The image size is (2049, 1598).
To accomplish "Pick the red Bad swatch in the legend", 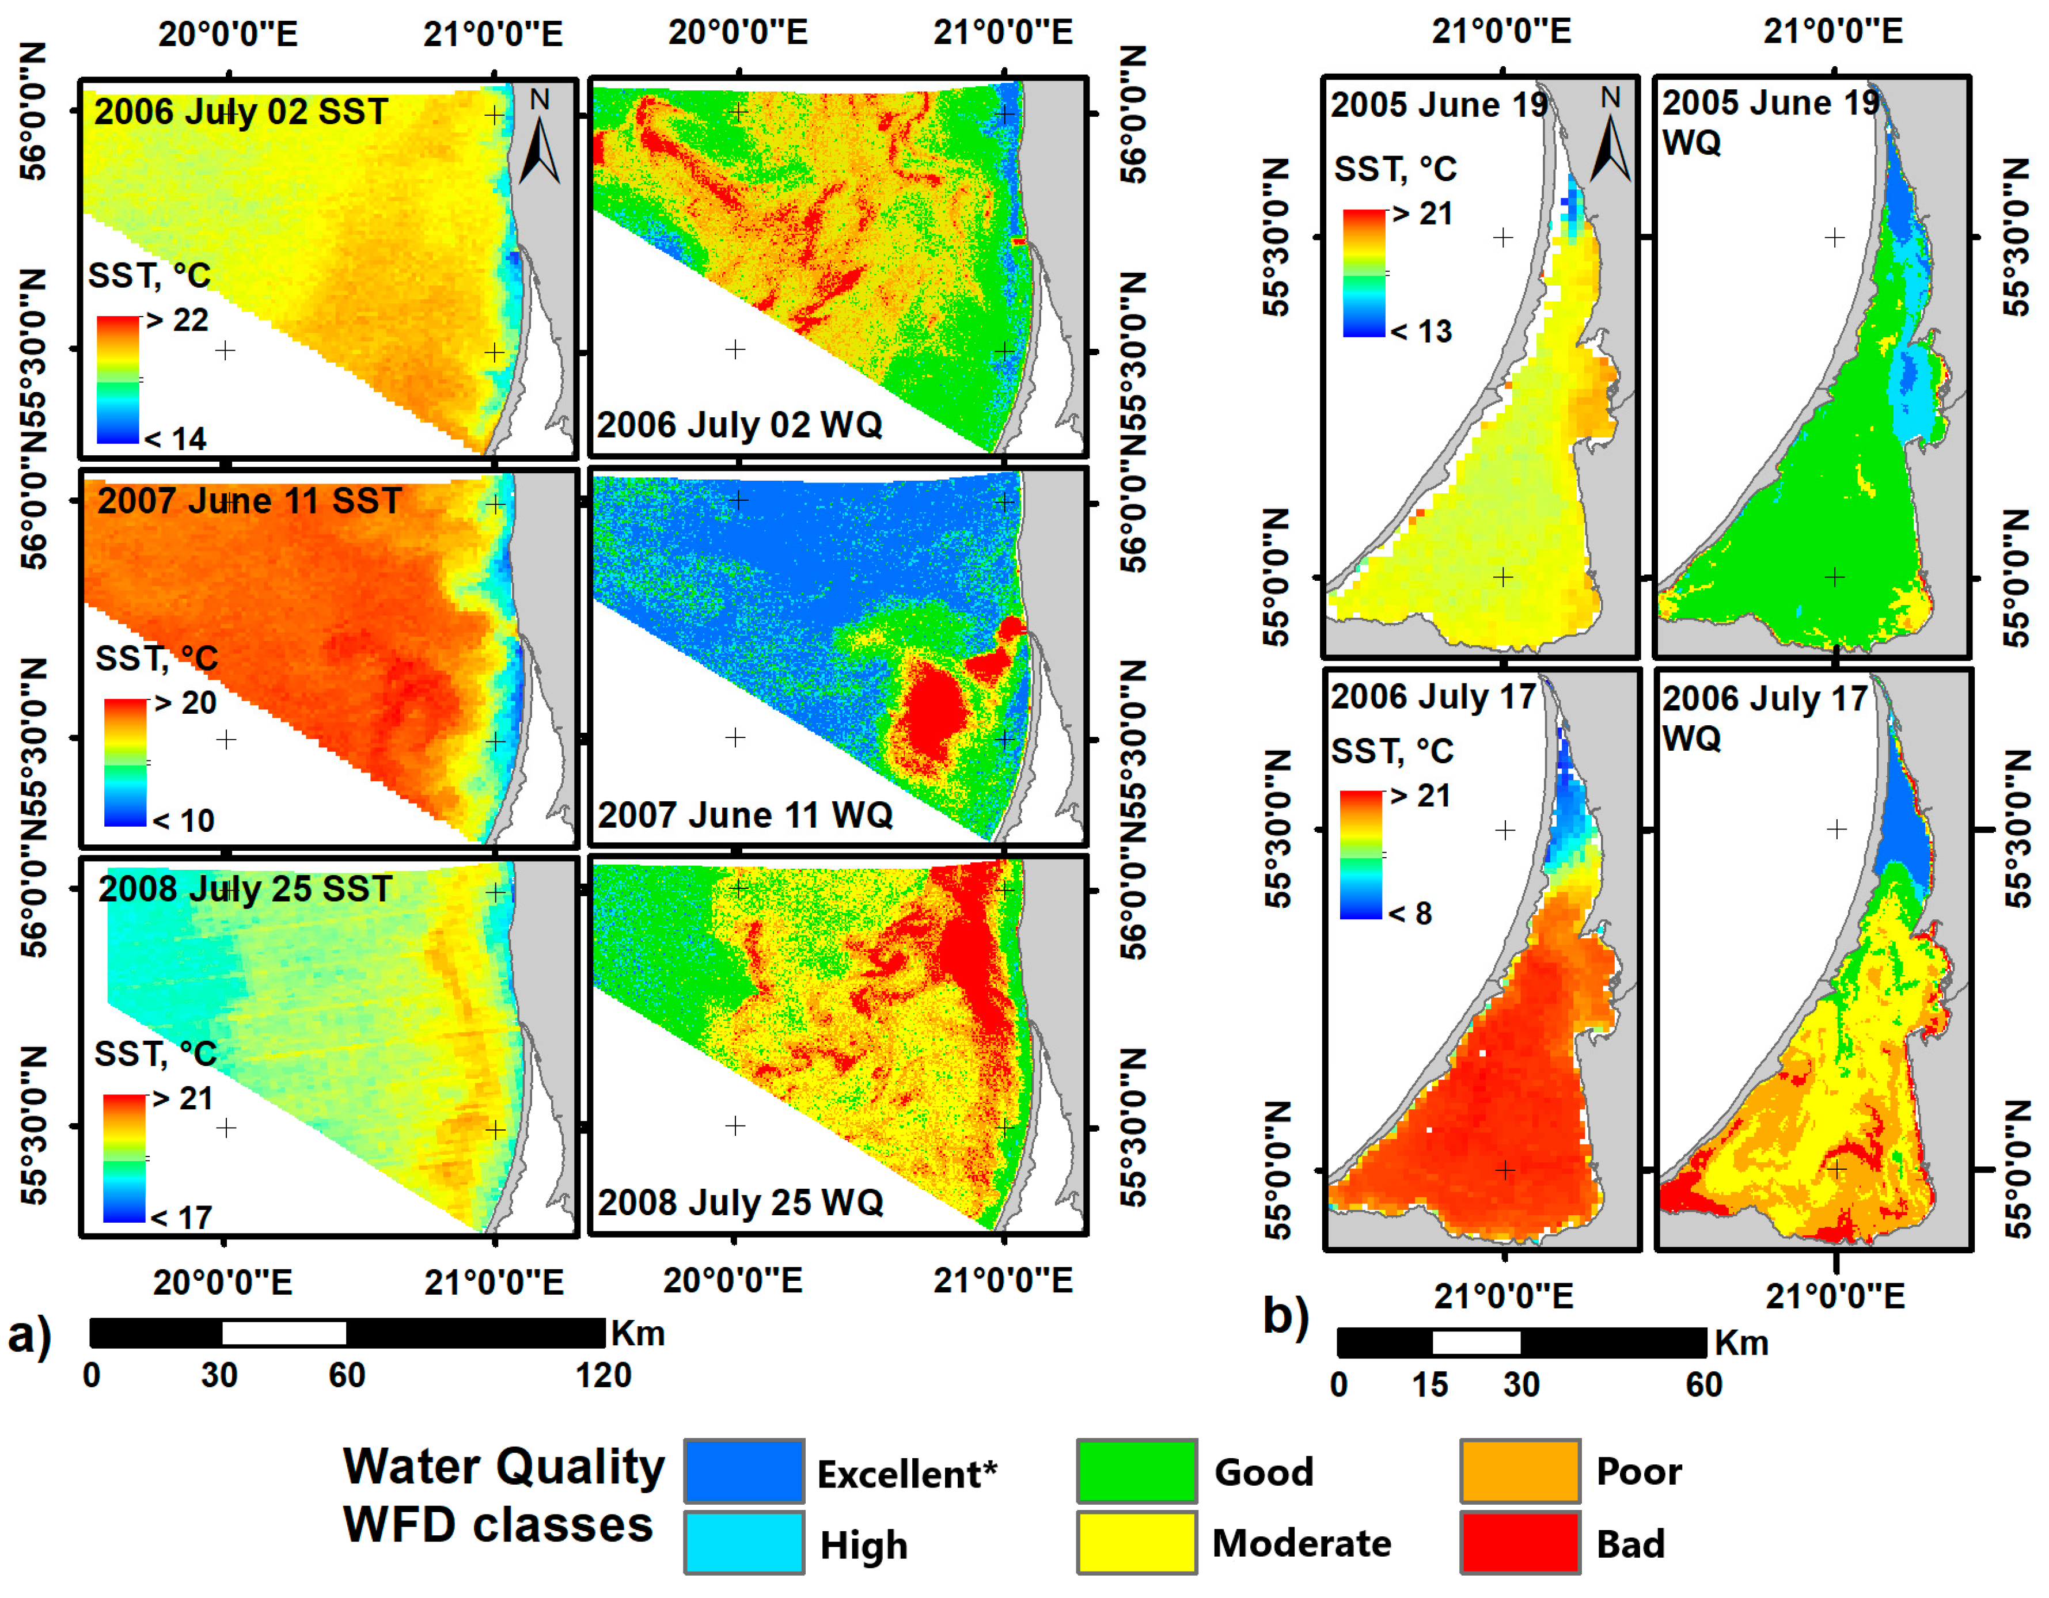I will [x=1519, y=1543].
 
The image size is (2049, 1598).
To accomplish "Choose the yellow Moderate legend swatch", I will [x=1136, y=1543].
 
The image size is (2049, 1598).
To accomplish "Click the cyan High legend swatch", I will [x=743, y=1543].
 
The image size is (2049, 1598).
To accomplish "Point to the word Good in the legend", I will [x=1263, y=1473].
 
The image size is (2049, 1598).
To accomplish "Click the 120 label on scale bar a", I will [x=604, y=1376].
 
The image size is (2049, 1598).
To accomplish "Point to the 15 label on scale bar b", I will [x=1430, y=1385].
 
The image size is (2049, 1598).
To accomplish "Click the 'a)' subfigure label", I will [x=30, y=1336].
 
